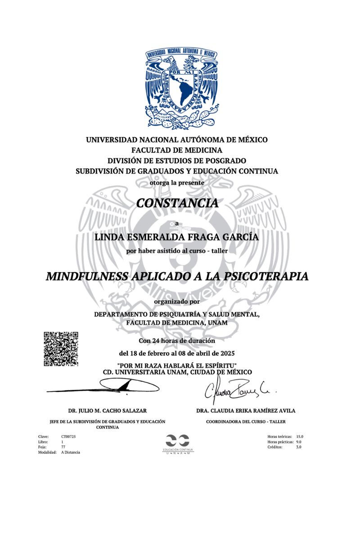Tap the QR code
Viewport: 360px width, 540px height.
[61, 349]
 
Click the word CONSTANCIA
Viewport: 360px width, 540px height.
[177, 203]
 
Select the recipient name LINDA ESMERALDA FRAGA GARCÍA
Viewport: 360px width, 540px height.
[176, 237]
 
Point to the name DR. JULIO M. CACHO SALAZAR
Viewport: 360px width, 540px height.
[107, 411]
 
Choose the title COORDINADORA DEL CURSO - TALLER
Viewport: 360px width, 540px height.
[246, 422]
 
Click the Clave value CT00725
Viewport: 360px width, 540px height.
[68, 436]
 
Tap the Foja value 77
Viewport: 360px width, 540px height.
[63, 447]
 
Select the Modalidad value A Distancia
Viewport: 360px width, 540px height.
[71, 452]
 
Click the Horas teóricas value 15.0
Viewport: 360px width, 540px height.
[300, 436]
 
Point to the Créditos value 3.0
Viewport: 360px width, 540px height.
[299, 447]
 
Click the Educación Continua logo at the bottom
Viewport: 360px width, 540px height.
[177, 444]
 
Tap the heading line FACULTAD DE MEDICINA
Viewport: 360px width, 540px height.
[177, 150]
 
